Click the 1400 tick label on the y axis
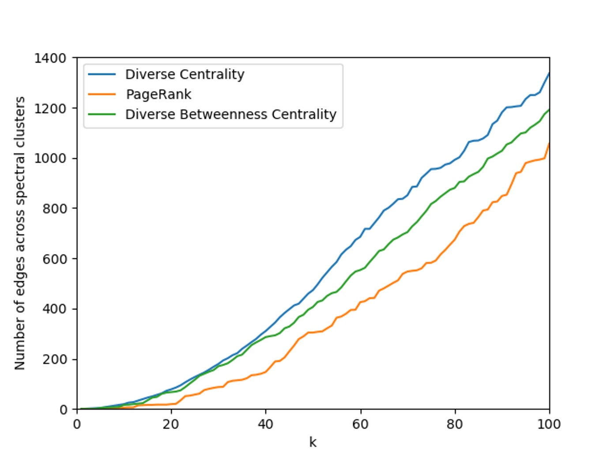coord(50,58)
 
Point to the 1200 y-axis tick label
coord(50,108)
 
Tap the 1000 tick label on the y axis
coord(50,159)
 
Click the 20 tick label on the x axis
coord(171,424)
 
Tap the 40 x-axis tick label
coord(265,424)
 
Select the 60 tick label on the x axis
coord(360,424)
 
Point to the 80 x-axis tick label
coord(455,424)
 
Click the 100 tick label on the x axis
coord(549,424)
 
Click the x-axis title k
coord(313,442)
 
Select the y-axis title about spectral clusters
coord(20,233)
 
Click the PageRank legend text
coord(158,94)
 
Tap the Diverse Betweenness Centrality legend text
coord(231,114)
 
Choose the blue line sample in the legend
coord(102,75)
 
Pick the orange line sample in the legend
coord(102,94)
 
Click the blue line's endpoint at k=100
coord(549,73)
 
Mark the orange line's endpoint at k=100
coord(549,144)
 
